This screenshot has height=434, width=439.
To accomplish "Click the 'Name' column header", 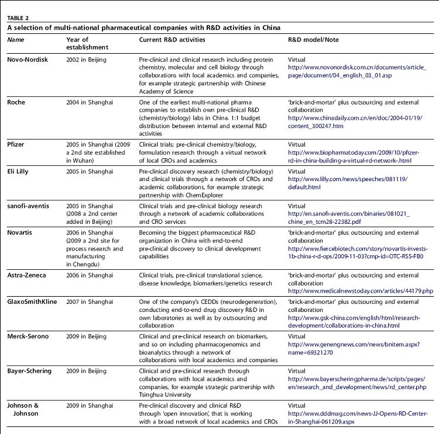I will (x=16, y=40).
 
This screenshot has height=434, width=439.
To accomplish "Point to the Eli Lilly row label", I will (x=19, y=171).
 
